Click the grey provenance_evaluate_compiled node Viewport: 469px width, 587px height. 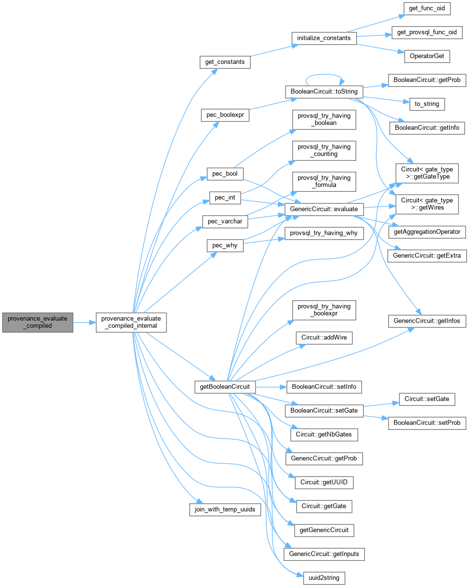click(37, 322)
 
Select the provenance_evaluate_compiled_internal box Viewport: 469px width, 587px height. click(132, 322)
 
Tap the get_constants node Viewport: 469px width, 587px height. click(225, 62)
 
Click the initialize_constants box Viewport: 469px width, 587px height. click(324, 38)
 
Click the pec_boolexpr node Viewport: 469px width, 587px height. click(225, 115)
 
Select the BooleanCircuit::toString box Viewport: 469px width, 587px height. click(324, 91)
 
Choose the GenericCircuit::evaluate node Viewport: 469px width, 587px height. click(324, 209)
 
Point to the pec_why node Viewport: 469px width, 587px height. click(225, 245)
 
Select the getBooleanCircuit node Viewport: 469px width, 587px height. click(225, 386)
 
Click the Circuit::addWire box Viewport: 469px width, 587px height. click(324, 338)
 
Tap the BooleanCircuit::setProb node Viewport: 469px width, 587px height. click(427, 423)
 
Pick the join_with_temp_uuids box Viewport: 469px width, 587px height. click(225, 510)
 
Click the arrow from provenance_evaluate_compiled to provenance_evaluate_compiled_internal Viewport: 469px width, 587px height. click(84, 322)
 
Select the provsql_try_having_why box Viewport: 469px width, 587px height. click(324, 233)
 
